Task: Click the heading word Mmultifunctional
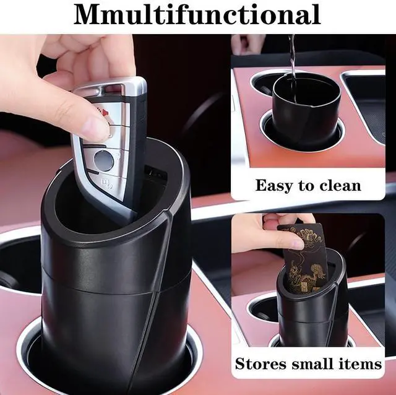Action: point(197,14)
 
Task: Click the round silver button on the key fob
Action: point(103,160)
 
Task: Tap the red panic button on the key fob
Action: point(103,112)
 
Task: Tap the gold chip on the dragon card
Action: point(306,287)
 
